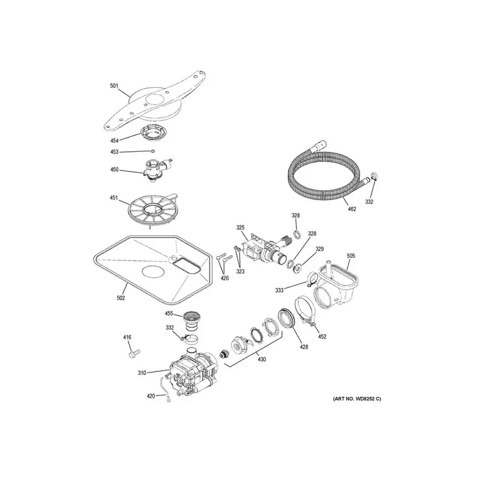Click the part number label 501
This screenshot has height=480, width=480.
(114, 86)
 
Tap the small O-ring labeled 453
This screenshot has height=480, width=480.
(152, 151)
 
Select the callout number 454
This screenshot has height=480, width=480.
(115, 141)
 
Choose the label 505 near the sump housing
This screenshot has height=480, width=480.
(351, 256)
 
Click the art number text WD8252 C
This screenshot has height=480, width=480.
(357, 399)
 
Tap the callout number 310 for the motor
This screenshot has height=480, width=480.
(142, 373)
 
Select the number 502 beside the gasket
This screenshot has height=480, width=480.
(121, 298)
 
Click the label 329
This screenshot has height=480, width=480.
(319, 249)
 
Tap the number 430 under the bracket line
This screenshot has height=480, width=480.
(262, 359)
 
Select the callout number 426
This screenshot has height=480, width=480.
(224, 278)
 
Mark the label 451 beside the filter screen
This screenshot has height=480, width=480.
(114, 198)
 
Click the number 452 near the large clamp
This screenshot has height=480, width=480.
(322, 337)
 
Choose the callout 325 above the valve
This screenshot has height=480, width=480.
(241, 228)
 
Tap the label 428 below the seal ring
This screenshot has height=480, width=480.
(304, 347)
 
